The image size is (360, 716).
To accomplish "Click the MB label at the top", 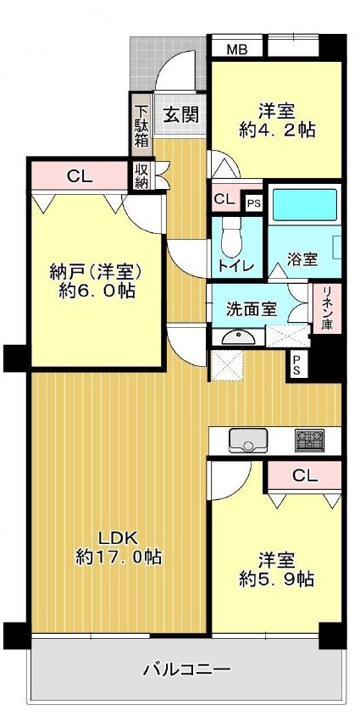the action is click(237, 49).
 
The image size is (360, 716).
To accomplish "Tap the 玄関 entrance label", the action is click(181, 115).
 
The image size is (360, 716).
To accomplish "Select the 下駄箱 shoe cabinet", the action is click(141, 125).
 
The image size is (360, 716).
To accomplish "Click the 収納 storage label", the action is click(141, 176).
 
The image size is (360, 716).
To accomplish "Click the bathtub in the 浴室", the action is click(304, 205).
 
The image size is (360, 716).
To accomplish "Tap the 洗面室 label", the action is click(252, 309).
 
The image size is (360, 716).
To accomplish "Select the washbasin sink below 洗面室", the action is click(240, 337).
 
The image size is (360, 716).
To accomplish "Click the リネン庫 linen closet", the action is click(328, 308).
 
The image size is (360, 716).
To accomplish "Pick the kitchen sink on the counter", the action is click(247, 441).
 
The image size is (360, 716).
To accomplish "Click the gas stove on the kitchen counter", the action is click(309, 441).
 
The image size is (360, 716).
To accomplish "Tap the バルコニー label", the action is click(186, 670).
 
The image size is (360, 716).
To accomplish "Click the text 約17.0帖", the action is click(119, 557).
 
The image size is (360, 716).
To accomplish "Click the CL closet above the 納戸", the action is click(80, 175).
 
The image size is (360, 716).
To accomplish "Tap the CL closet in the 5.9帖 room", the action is click(305, 476).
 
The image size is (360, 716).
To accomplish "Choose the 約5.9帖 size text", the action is click(277, 579).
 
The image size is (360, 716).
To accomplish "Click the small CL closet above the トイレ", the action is click(225, 199).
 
